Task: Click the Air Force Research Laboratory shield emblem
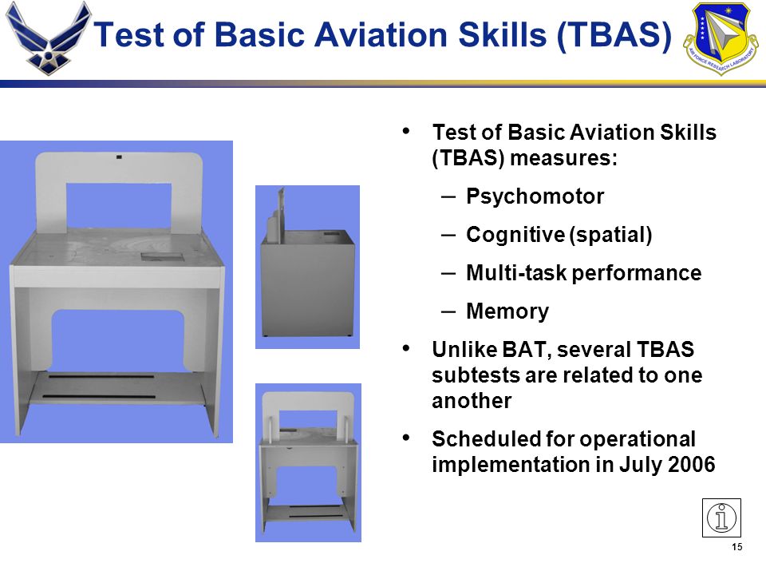pyautogui.click(x=721, y=38)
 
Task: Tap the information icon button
pyautogui.click(x=721, y=517)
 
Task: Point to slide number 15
pyautogui.click(x=736, y=547)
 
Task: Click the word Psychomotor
pyautogui.click(x=535, y=196)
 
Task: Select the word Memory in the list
pyautogui.click(x=507, y=311)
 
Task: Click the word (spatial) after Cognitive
pyautogui.click(x=610, y=235)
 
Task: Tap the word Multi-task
pyautogui.click(x=516, y=273)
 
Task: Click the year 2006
pyautogui.click(x=691, y=464)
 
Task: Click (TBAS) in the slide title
pyautogui.click(x=614, y=35)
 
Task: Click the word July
pyautogui.click(x=641, y=465)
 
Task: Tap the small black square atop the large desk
pyautogui.click(x=119, y=157)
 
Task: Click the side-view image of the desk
pyautogui.click(x=307, y=267)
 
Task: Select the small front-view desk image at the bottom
pyautogui.click(x=308, y=462)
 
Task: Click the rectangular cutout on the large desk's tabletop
pyautogui.click(x=162, y=256)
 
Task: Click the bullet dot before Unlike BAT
pyautogui.click(x=405, y=348)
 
